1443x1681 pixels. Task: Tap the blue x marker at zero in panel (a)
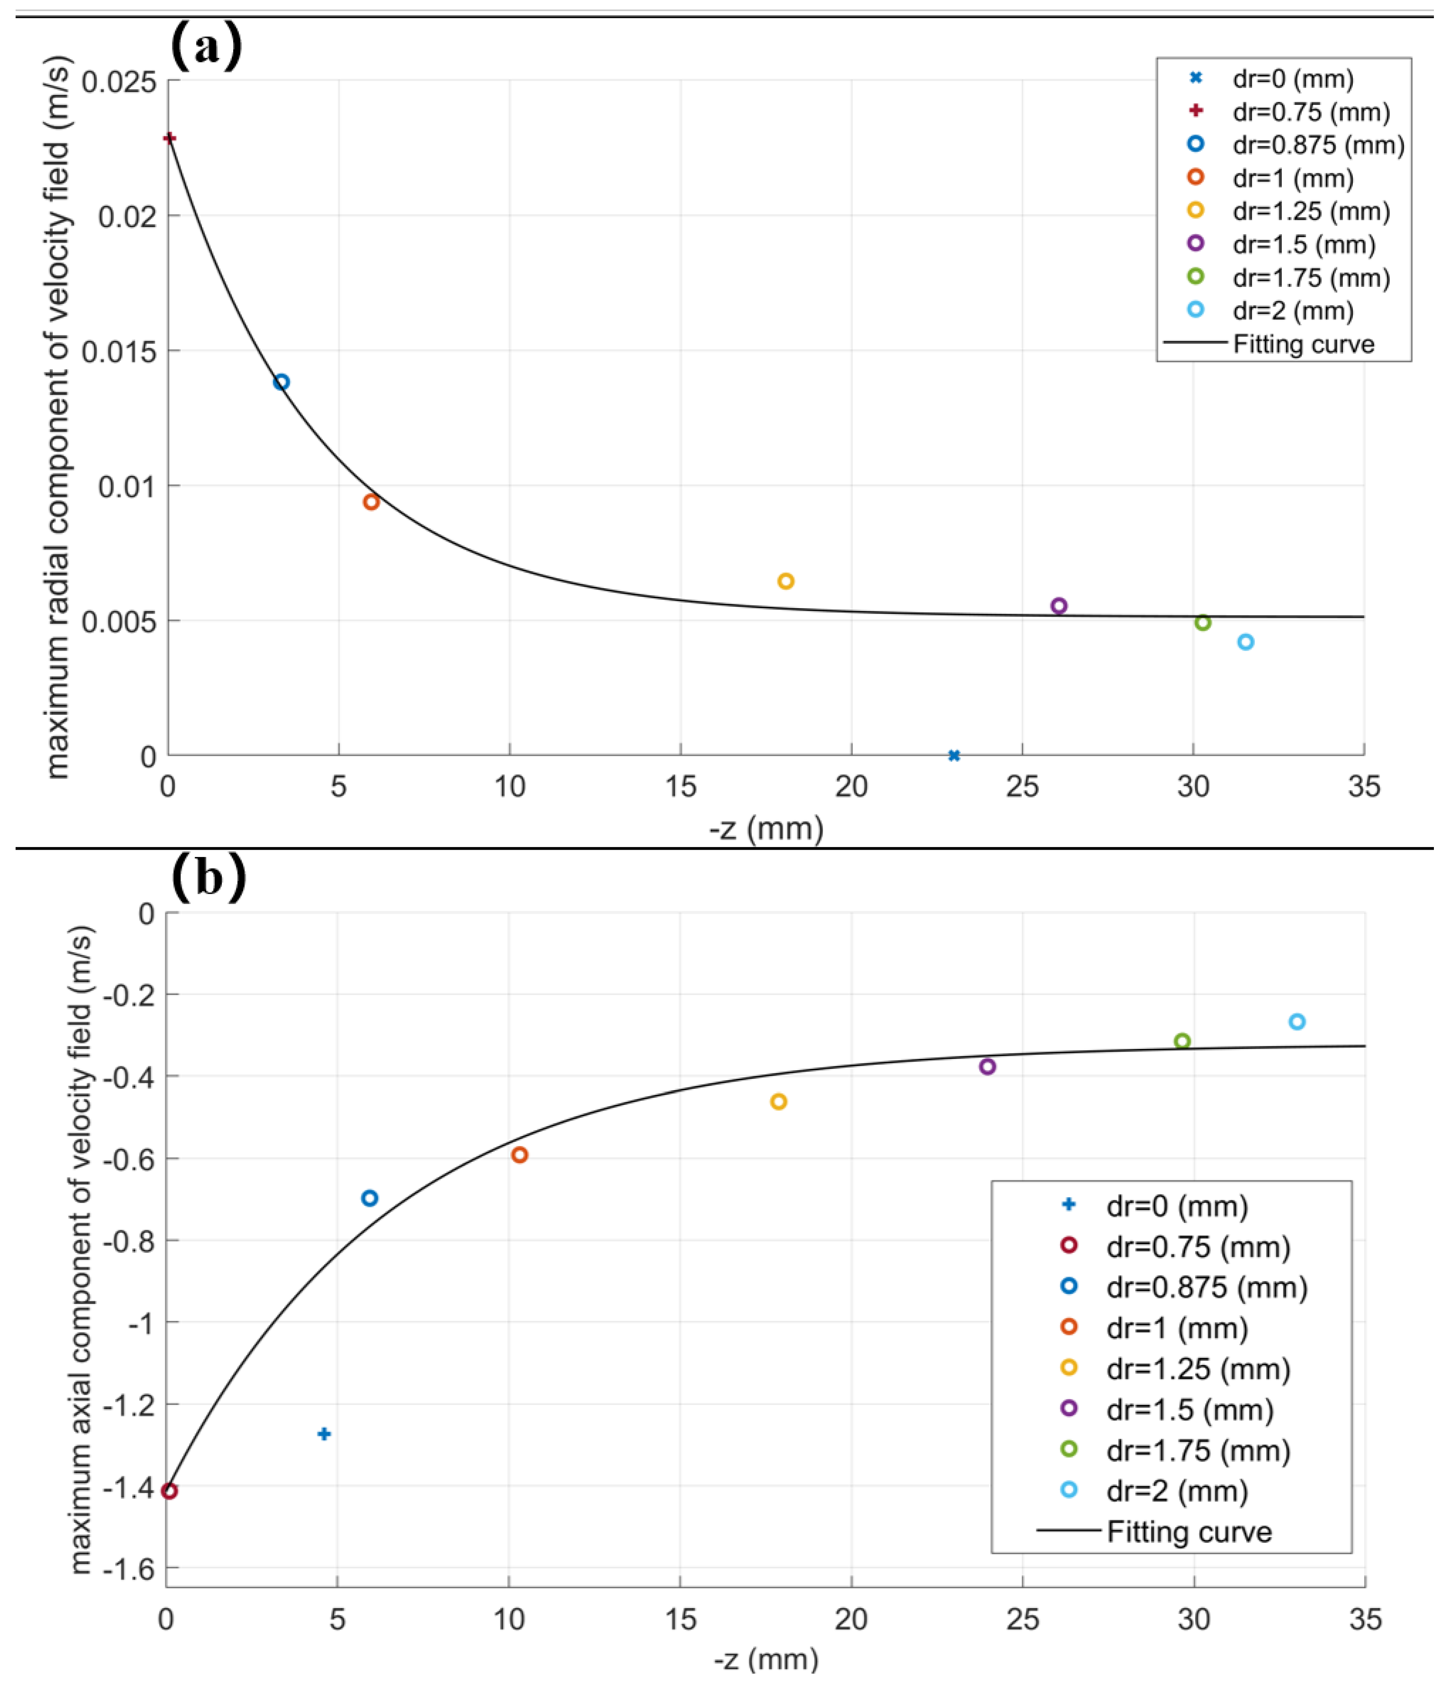(x=954, y=755)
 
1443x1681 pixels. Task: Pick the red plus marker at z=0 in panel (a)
(x=169, y=138)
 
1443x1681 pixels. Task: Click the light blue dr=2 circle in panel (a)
(x=1245, y=642)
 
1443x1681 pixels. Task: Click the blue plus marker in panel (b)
(x=324, y=1433)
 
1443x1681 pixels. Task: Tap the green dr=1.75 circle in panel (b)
(x=1182, y=1041)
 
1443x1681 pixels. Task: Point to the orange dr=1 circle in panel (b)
(x=519, y=1154)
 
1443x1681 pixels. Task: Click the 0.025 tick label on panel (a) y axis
(x=118, y=81)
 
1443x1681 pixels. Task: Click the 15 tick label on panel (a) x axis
(x=680, y=786)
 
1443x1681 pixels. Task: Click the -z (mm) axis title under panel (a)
(x=766, y=828)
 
